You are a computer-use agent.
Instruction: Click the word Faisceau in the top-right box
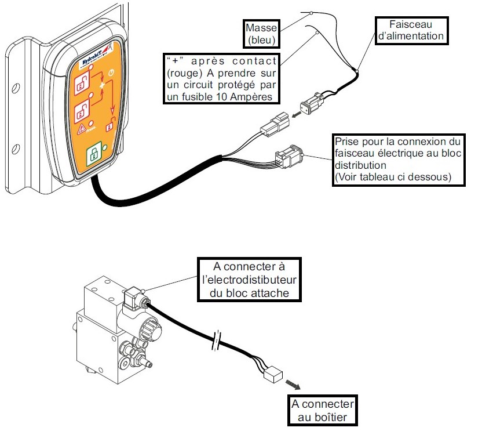(x=412, y=24)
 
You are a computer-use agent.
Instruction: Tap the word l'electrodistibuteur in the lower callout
(x=249, y=281)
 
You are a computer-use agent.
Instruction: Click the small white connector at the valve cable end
(x=271, y=376)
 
